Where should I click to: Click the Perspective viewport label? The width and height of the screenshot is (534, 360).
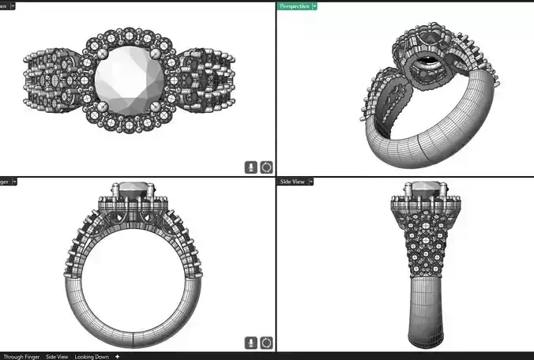pos(294,6)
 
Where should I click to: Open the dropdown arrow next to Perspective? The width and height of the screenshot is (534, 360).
pos(314,6)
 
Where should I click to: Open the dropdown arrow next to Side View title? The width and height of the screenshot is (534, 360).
pos(311,182)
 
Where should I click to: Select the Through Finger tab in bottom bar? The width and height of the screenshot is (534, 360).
pos(21,357)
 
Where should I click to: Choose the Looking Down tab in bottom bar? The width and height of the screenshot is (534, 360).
pos(92,357)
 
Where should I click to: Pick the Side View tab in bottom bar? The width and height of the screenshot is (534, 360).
pos(57,357)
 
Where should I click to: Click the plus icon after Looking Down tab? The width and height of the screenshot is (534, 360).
pos(118,357)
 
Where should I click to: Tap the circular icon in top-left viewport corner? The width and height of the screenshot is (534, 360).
pos(266,167)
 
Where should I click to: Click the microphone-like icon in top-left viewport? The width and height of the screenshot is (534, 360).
pos(251,167)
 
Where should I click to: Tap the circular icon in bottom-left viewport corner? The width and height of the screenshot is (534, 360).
pos(266,343)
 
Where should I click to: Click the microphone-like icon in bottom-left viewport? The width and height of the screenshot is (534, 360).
pos(251,343)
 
